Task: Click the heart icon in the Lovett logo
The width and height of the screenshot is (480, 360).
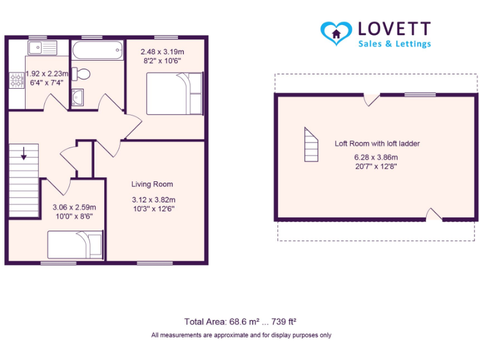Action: pos(336,32)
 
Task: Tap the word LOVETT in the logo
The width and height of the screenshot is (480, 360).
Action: pos(394,29)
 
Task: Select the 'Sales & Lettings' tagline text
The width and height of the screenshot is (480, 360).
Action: pos(394,44)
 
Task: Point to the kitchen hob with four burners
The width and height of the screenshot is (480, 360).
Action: pos(15,80)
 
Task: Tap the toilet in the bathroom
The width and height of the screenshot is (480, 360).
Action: pos(81,74)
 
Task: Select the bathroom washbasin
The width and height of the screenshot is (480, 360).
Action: pos(77,97)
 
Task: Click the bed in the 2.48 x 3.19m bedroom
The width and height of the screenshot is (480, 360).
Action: pos(174,93)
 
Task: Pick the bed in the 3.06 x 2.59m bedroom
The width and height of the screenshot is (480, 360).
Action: pos(75,244)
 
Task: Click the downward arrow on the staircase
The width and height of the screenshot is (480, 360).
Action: pos(23,154)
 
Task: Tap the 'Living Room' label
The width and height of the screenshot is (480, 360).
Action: pos(152,184)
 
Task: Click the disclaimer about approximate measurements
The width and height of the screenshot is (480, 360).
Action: pos(241,336)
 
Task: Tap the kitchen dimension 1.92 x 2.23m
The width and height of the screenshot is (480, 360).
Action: pos(46,73)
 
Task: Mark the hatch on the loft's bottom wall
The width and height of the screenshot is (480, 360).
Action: pos(433,215)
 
